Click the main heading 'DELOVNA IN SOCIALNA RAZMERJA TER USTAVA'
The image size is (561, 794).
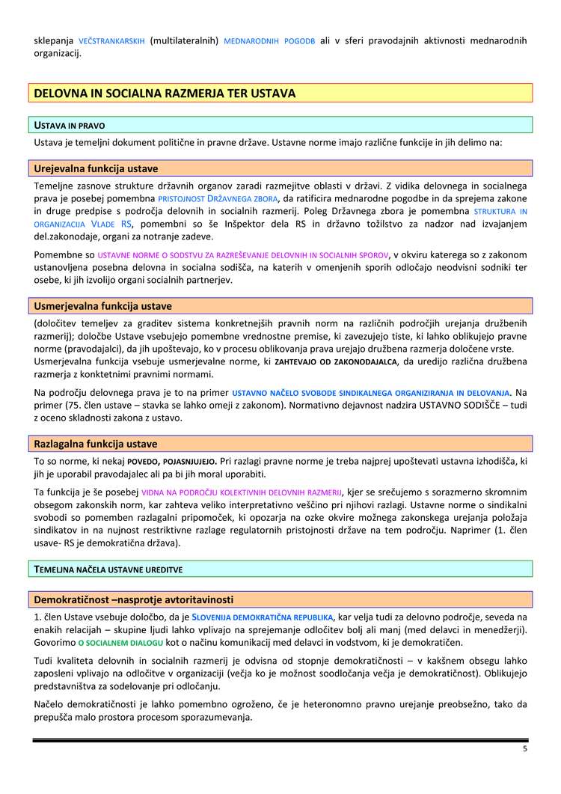[x=165, y=94]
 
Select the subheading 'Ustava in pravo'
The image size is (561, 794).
[x=74, y=124]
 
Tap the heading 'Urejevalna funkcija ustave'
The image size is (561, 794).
[x=96, y=168]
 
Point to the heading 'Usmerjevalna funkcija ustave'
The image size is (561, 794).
[x=103, y=306]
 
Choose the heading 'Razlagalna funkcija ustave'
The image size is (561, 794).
[x=96, y=444]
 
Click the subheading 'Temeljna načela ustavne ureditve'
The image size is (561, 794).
[x=108, y=569]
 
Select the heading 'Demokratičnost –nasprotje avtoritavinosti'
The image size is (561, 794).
[x=134, y=600]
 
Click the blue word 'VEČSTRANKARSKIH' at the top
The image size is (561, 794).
[x=111, y=40]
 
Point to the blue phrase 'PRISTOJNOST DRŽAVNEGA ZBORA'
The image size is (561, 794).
[x=217, y=198]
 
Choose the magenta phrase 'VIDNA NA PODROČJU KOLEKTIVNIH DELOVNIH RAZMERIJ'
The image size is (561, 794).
[x=242, y=492]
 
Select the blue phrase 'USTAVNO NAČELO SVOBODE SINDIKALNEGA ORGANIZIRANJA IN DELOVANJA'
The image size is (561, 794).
[x=371, y=392]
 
